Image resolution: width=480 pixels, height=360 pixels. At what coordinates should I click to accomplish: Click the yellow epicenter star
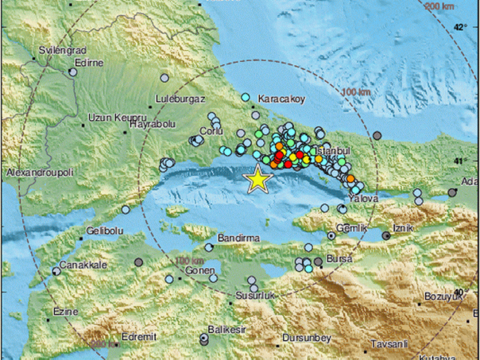coord(257,180)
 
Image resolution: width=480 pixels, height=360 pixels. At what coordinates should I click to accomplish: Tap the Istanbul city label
coord(334,149)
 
